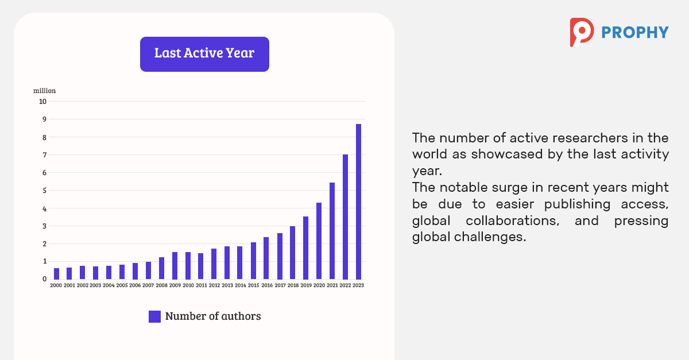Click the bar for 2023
coord(358,202)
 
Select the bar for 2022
coord(345,217)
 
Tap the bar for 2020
coord(319,241)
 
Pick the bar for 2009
coord(175,266)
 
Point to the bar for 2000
coord(57,274)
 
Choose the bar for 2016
coord(266,258)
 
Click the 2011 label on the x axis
coord(202,285)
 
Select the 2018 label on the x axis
coord(293,285)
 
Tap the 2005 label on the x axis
coord(122,285)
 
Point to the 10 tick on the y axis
coord(42,102)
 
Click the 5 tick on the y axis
coord(45,191)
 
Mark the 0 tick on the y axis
coord(45,279)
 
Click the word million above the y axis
coord(45,91)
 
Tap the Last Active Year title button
coord(204,54)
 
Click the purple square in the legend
coord(154,316)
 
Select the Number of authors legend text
coord(213,316)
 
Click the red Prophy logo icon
coord(582,32)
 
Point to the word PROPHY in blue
coord(635,33)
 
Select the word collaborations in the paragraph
coord(512,220)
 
